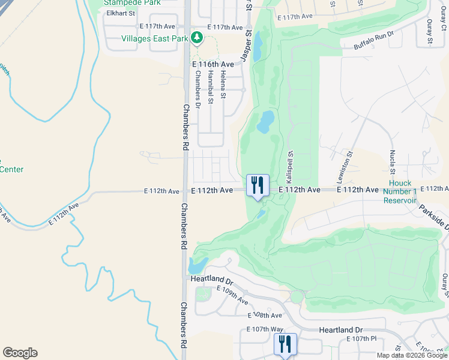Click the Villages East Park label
click(x=155, y=39)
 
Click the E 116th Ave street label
click(x=212, y=64)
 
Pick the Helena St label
click(x=223, y=84)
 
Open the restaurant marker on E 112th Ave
click(x=258, y=185)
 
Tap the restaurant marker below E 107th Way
click(x=286, y=344)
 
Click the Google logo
click(x=20, y=353)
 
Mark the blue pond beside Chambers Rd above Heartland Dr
click(x=197, y=265)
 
